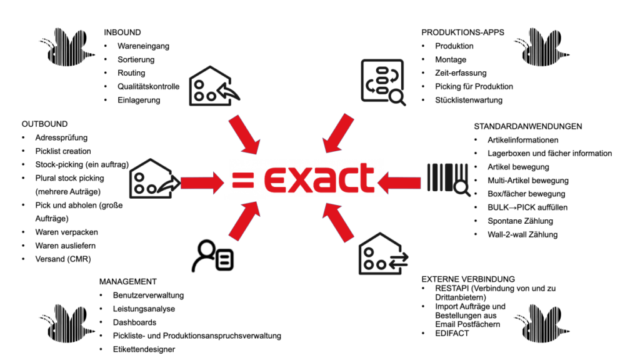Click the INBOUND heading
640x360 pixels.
coord(122,32)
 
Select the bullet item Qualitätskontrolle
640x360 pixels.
coord(148,86)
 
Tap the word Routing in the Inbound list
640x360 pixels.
coord(131,73)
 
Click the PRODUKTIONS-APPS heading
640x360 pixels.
coord(462,32)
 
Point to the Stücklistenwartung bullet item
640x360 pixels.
coord(469,100)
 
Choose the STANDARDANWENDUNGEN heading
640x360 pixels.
coord(527,126)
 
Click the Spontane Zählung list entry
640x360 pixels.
coord(520,221)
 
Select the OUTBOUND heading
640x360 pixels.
coord(44,124)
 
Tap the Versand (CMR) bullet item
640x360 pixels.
coord(63,259)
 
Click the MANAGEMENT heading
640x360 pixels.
coord(127,282)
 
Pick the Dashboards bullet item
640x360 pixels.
coord(134,322)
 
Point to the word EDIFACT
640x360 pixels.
coord(452,334)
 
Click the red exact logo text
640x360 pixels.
coord(319,178)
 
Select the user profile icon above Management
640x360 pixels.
coord(212,256)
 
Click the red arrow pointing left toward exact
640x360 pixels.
coord(399,182)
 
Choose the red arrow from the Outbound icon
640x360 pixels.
coord(202,182)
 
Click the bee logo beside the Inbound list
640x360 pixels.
coord(66,47)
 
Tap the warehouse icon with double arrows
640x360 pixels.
coord(383,254)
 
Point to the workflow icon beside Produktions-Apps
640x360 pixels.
coord(383,82)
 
